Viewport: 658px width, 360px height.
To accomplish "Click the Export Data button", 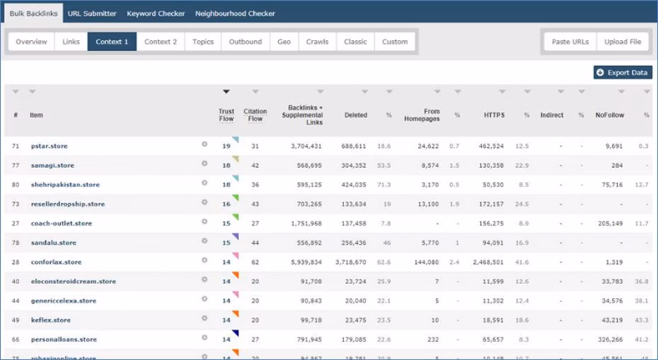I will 623,73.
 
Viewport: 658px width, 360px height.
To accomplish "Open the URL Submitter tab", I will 92,14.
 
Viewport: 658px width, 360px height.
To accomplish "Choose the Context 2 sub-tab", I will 160,42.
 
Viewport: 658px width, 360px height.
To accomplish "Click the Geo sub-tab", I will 284,42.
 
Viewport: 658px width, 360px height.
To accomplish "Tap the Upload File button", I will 623,42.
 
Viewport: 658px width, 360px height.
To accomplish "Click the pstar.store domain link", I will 49,145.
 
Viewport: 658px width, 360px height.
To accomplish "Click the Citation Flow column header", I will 256,115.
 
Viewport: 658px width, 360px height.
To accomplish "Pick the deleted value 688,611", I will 353,145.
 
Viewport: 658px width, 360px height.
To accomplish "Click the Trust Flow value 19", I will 225,145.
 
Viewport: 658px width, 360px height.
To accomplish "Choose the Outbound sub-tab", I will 245,42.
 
